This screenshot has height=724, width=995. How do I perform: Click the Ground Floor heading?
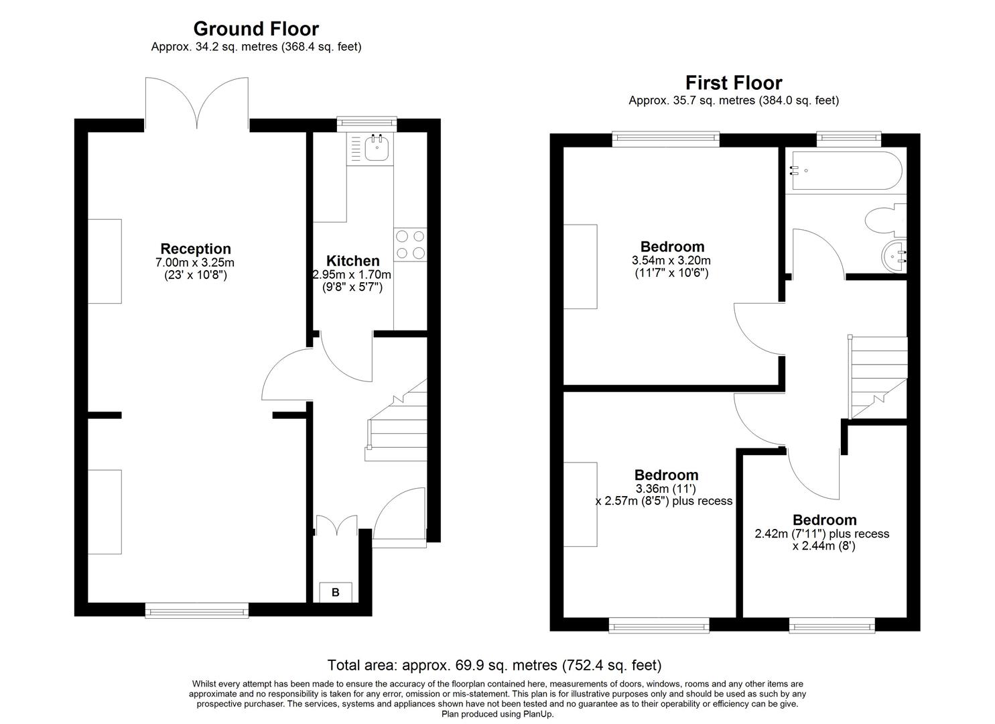coord(256,29)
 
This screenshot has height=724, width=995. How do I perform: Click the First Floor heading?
coord(733,82)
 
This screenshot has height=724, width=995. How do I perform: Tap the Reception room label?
coord(195,249)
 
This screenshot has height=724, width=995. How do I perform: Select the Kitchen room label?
coord(352,261)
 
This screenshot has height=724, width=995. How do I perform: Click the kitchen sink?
coord(377,148)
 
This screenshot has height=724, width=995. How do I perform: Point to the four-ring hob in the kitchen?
coord(410,244)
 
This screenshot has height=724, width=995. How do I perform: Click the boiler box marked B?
coord(336,592)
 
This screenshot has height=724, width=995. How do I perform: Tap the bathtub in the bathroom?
coord(846,172)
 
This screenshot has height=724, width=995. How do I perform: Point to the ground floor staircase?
coord(397,422)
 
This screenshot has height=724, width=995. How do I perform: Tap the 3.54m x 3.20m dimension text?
coord(671,260)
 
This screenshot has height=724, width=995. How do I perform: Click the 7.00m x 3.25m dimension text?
coord(195,262)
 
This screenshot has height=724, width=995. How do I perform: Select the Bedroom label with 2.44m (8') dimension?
coord(824,520)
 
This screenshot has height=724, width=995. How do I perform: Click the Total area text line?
coord(494,665)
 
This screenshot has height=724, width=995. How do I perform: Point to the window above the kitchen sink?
coord(367,122)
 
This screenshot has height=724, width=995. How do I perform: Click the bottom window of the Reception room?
coord(196,610)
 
